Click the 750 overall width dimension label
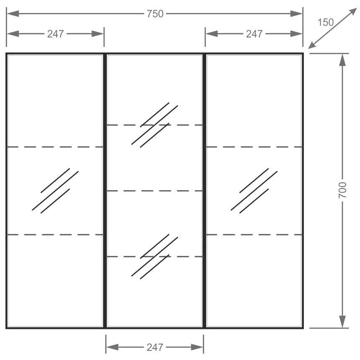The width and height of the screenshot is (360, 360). tap(155, 14)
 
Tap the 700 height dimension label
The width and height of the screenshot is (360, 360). tap(342, 190)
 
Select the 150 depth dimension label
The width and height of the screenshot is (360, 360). tap(326, 23)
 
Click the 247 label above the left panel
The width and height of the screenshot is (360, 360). tap(55, 34)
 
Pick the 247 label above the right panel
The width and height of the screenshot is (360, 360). tap(254, 34)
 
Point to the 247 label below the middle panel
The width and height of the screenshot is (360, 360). tap(155, 347)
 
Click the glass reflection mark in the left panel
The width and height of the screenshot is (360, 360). tap(55, 191)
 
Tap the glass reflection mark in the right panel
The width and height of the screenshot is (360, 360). tap(254, 191)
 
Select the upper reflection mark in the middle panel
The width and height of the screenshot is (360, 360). tap(155, 125)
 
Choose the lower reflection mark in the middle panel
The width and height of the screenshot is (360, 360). tap(155, 256)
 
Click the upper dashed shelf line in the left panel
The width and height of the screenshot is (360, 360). tap(55, 147)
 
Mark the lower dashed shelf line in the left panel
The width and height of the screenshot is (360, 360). tap(55, 235)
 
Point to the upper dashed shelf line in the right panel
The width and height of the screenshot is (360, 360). tap(254, 147)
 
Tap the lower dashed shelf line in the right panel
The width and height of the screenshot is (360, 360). tap(254, 235)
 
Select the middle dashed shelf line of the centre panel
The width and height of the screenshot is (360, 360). tap(155, 191)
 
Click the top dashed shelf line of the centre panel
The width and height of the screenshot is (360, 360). tap(155, 125)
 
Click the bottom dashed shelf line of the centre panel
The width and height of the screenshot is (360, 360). tap(155, 256)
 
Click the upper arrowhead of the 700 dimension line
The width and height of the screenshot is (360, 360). tap(342, 60)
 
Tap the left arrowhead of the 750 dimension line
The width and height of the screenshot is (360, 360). tap(13, 14)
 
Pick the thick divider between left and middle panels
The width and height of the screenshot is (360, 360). tap(105, 191)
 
